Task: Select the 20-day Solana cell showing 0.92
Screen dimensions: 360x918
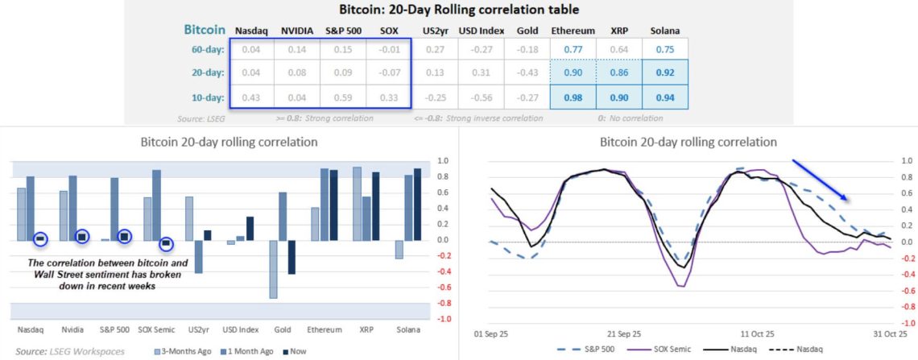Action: point(666,72)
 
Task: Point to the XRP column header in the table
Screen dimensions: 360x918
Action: point(618,31)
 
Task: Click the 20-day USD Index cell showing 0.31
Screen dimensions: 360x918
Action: point(481,72)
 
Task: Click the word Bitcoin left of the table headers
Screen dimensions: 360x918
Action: point(205,30)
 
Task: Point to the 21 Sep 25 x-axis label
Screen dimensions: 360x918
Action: point(624,333)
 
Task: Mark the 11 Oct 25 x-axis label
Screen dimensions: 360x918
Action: point(758,333)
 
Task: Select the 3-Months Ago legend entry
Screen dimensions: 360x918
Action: point(184,351)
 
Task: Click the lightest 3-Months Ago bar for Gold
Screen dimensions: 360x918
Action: point(273,269)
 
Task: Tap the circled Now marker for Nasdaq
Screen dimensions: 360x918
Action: point(40,238)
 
